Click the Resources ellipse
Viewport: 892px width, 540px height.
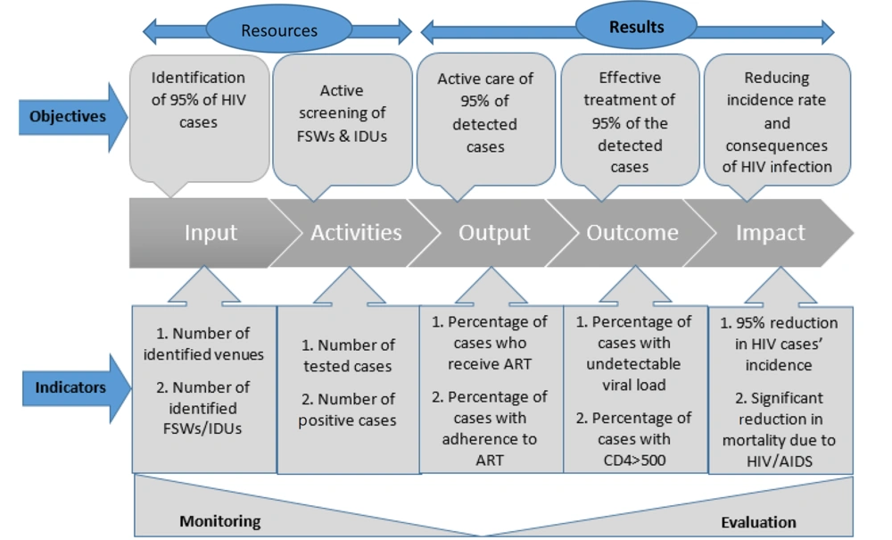(278, 29)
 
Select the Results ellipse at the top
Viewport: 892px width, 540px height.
(636, 26)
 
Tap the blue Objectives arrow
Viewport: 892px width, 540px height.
(73, 117)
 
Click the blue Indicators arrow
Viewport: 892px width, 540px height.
(76, 388)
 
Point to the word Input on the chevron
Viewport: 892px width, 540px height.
(211, 233)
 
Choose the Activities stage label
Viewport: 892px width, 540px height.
(356, 232)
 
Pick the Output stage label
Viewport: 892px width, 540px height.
(494, 233)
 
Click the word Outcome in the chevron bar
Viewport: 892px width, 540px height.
(632, 232)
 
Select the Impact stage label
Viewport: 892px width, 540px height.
(771, 233)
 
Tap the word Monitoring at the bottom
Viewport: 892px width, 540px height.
(220, 520)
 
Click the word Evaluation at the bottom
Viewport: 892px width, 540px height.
(758, 522)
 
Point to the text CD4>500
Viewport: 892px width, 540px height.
(634, 460)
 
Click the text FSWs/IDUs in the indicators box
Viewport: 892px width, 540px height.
(202, 428)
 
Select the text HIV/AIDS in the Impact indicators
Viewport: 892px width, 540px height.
(780, 461)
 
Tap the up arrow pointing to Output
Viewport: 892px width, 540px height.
(491, 287)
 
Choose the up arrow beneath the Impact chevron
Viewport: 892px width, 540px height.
(780, 287)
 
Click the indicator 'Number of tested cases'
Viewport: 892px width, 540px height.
(348, 355)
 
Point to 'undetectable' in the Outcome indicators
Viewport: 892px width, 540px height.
(633, 363)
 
